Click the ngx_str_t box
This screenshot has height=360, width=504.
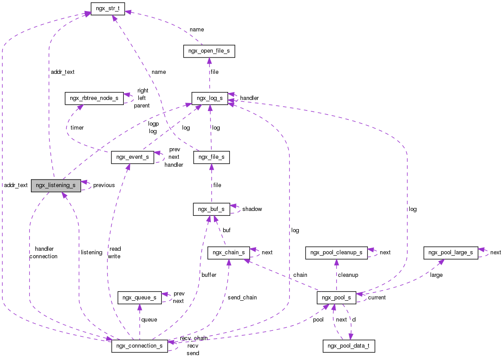107,8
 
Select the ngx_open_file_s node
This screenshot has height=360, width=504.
209,51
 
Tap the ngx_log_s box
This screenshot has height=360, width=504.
210,98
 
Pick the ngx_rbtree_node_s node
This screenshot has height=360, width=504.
94,98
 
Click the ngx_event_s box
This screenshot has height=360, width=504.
132,157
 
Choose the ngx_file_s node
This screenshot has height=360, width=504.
211,157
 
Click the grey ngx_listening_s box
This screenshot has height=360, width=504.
56,185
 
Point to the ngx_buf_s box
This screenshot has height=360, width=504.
211,209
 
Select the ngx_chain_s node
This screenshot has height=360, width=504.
229,253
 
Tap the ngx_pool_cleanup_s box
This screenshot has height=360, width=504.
336,253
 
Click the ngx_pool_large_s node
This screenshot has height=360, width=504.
451,253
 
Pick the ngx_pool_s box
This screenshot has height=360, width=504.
336,298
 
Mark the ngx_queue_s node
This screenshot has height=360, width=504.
139,298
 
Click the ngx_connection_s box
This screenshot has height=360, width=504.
139,345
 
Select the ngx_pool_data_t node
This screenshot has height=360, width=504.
349,345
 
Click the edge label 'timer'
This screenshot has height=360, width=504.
77,127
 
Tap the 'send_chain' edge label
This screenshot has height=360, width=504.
242,298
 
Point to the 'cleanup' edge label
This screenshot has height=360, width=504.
347,275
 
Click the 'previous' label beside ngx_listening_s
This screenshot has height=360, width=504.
103,185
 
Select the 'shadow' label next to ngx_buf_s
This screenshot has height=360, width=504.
252,209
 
